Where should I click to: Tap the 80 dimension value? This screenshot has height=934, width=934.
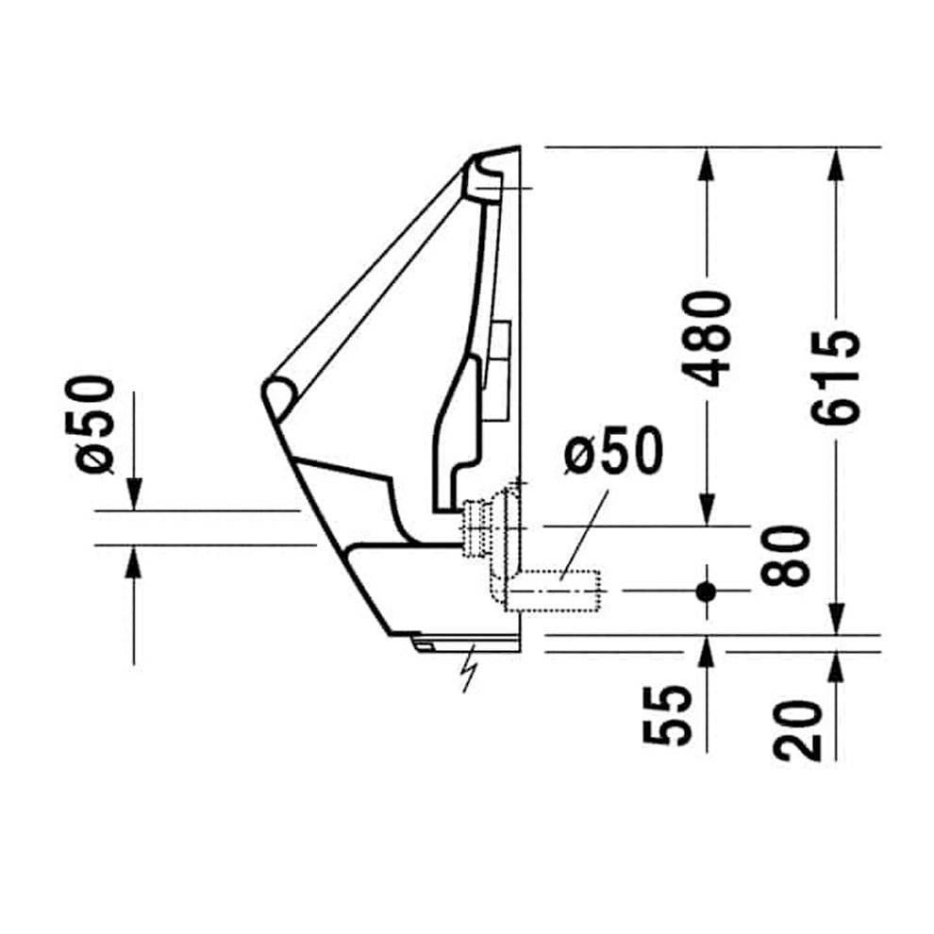click(x=786, y=556)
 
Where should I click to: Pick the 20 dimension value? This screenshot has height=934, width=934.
click(x=797, y=730)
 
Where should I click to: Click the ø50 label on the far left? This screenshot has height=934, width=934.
click(x=94, y=424)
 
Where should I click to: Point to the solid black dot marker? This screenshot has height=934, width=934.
click(x=707, y=592)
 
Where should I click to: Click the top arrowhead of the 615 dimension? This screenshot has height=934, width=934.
click(x=837, y=160)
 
